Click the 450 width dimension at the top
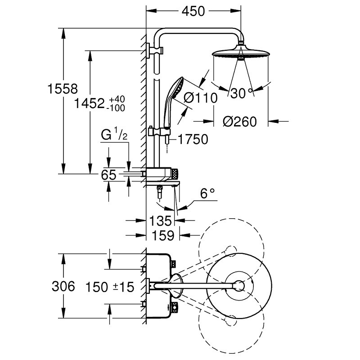(193, 11)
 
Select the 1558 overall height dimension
(63, 89)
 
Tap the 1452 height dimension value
(89, 103)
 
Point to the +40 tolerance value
(117, 99)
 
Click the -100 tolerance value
(116, 108)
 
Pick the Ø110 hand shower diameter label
(200, 98)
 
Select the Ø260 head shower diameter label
(240, 121)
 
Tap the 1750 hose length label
(193, 139)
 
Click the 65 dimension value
(108, 175)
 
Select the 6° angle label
(208, 193)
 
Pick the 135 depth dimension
(161, 221)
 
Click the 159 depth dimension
(163, 235)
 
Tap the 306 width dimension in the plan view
(63, 286)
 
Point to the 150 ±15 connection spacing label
(109, 287)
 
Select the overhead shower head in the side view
(241, 52)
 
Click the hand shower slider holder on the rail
(159, 131)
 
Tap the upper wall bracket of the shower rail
(155, 50)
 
